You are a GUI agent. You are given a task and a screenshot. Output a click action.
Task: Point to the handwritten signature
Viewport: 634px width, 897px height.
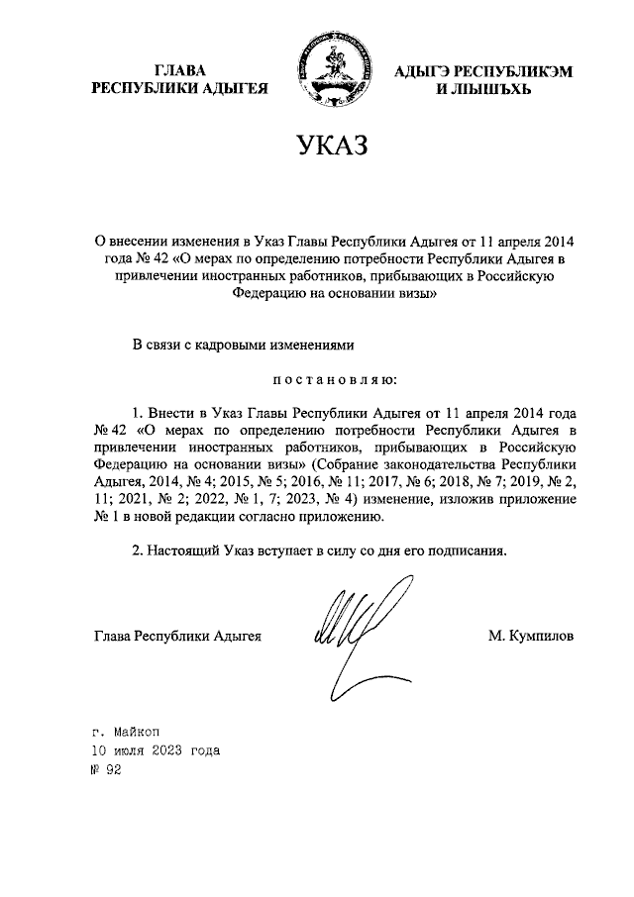[x=352, y=634]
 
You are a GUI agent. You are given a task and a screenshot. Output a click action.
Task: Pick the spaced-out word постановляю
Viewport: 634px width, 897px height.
[x=329, y=378]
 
